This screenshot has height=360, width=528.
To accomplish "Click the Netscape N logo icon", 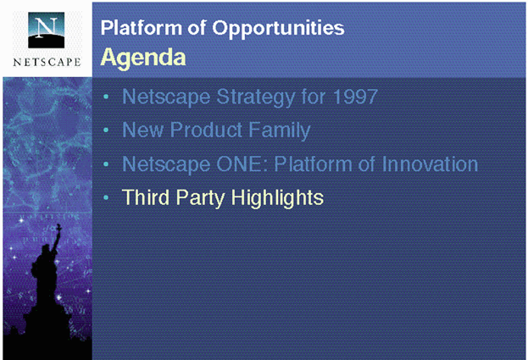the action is (46, 30).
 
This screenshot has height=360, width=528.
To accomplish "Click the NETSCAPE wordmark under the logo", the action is (47, 62).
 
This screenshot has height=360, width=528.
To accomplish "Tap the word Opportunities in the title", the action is (278, 28).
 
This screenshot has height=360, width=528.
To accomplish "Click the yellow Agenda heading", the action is (143, 58).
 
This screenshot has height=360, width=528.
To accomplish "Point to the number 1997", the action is (355, 97).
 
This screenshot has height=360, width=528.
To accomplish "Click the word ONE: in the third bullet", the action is (242, 163).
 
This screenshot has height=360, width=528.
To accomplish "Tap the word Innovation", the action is (430, 163).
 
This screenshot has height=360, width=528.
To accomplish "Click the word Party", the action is (200, 198).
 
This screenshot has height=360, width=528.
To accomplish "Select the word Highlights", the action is (277, 198).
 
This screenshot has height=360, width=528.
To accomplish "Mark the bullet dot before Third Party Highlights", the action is (106, 198).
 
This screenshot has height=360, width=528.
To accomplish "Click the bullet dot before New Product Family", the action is (106, 130).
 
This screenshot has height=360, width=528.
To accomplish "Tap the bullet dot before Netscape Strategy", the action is (106, 97).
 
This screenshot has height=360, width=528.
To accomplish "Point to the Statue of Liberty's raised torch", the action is (59, 229).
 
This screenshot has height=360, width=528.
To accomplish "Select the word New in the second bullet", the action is (142, 130).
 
